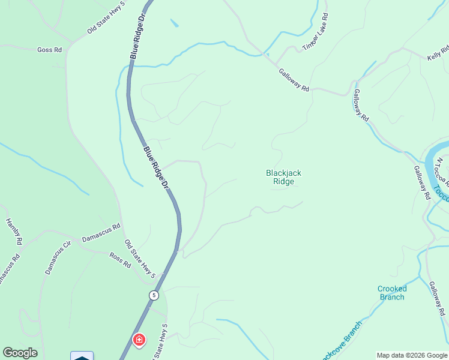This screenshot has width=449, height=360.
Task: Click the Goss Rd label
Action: coord(49,50)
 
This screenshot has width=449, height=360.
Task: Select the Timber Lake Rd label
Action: coord(316,32)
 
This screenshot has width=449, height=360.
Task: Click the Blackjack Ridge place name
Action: coord(283,177)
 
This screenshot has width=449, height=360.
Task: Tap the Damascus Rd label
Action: coord(101,232)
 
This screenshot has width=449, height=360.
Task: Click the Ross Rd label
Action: coord(120,259)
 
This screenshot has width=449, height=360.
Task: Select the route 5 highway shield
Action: coord(154,295)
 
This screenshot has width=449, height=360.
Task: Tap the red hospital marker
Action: coord(139,341)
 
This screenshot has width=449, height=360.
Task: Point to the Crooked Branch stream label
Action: coord(392,293)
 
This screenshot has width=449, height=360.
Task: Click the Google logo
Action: coord(20,353)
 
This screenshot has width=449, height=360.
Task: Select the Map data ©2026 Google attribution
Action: coord(412,355)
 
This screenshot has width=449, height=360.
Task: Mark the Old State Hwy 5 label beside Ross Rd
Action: coord(140,259)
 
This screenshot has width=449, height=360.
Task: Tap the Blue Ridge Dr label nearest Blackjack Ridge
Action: coord(156,169)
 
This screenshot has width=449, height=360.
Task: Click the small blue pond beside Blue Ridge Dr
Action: coord(174,24)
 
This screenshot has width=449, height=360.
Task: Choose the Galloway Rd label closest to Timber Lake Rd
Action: coord(294,80)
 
